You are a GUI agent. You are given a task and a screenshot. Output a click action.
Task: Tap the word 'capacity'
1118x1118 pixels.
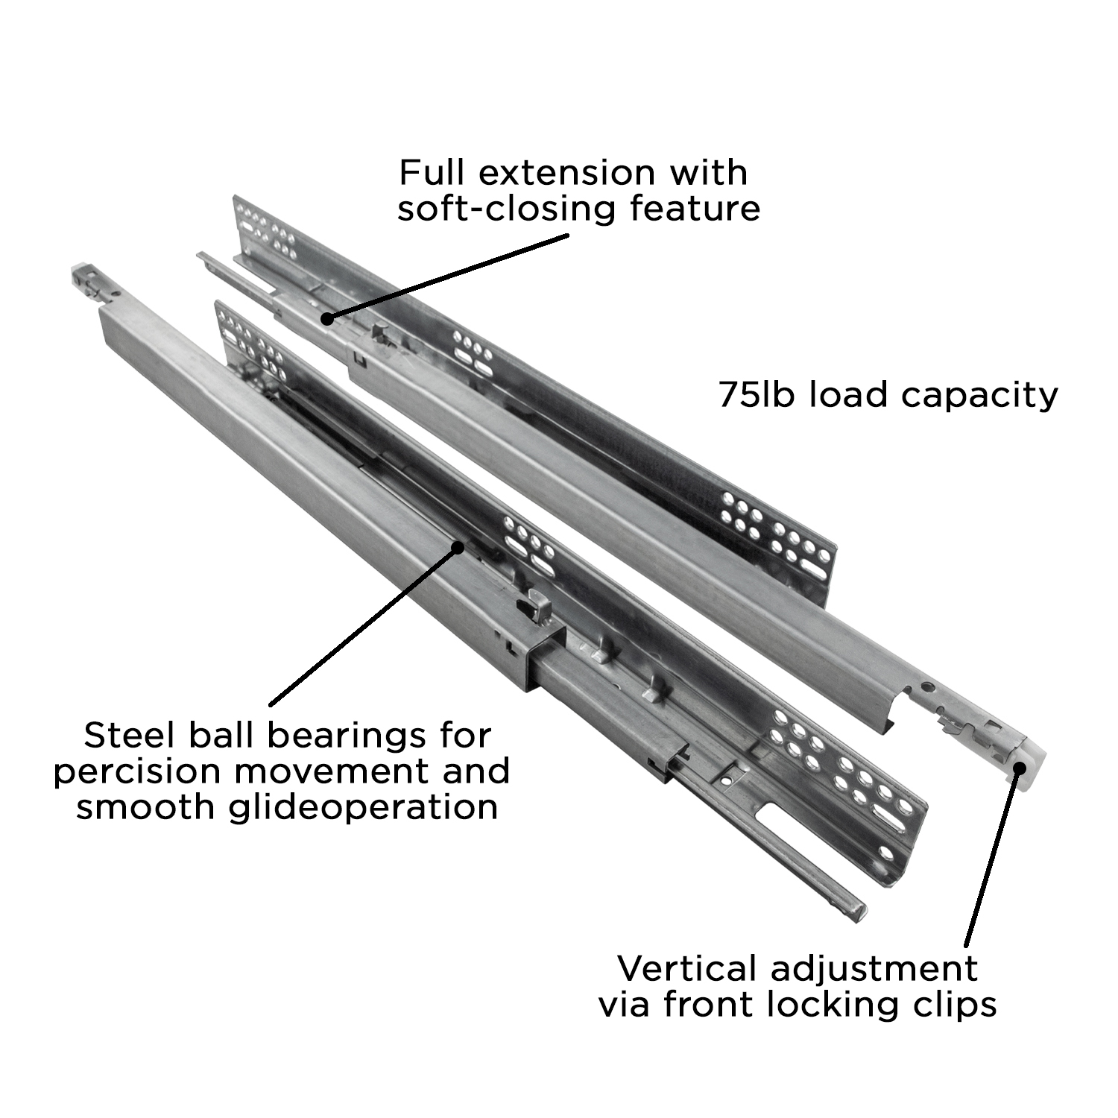[x=979, y=396]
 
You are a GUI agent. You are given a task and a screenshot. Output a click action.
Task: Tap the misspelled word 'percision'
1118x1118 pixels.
[x=139, y=771]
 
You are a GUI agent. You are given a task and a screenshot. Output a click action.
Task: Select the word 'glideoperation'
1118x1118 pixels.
[x=364, y=807]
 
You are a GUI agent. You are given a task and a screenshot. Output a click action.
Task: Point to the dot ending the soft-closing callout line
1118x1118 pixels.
[x=326, y=318]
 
